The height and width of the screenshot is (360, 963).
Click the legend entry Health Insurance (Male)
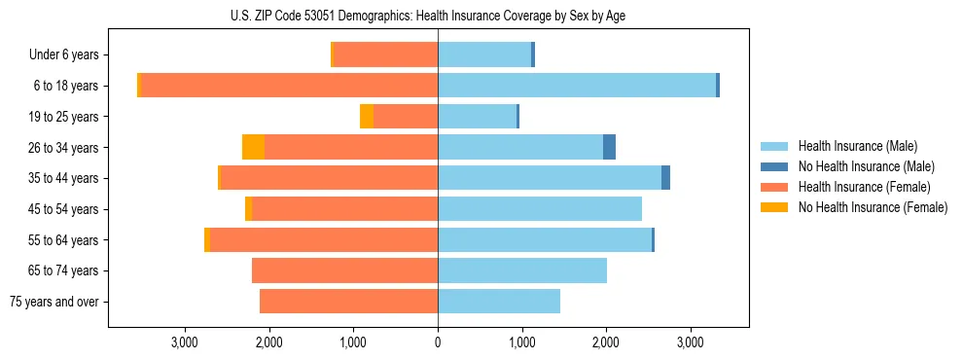coord(857,146)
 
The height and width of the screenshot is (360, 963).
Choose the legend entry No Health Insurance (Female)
coord(873,207)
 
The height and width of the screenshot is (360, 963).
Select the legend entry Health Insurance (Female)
coord(864,187)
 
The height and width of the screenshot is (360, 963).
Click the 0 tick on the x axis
coord(438,342)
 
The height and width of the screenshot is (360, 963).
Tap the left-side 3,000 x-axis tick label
coord(185,342)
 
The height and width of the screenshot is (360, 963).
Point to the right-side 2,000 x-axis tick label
coord(606,342)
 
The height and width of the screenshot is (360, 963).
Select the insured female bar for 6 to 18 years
coord(290,86)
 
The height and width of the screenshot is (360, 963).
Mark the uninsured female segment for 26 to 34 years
coord(253,148)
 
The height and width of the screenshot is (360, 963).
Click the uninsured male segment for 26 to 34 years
coord(609,148)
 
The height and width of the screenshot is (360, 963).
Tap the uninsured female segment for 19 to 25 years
coord(367,117)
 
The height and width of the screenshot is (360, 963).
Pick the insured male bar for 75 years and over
coord(499,302)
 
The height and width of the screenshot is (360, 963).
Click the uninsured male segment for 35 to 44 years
coord(665,178)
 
